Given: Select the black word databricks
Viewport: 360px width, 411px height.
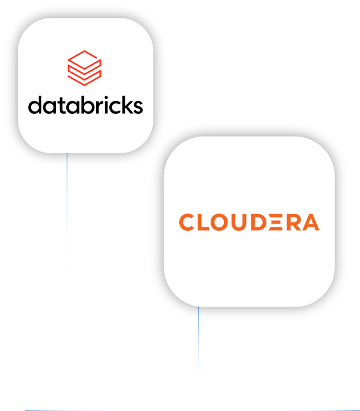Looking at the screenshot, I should (x=85, y=106).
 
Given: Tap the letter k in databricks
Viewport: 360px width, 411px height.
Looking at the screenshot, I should (x=125, y=105).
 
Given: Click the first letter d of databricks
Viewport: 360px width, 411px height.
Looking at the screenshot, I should (x=35, y=106).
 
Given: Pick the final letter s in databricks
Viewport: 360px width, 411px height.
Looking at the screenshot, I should (x=137, y=107).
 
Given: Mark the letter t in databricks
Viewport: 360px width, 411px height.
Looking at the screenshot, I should (x=59, y=106).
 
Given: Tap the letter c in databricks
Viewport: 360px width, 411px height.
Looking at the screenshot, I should (x=113, y=107).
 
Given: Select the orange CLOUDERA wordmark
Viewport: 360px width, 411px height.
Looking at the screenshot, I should (x=249, y=222).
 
